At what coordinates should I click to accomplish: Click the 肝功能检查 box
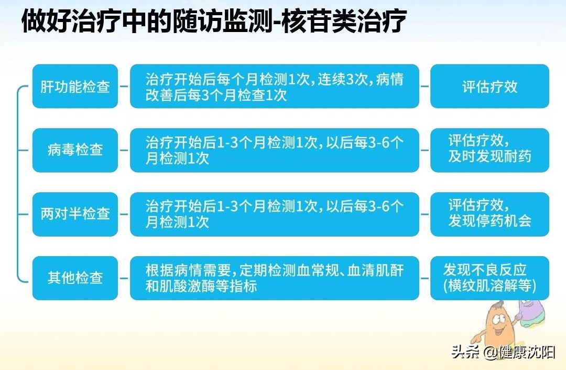[x=75, y=86]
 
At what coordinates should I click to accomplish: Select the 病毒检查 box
[x=75, y=150]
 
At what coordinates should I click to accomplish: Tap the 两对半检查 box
[x=75, y=214]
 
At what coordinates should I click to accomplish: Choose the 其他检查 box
[x=75, y=278]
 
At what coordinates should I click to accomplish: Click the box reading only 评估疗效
[x=489, y=86]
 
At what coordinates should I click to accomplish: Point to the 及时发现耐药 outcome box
[x=489, y=150]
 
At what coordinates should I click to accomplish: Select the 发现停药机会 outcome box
[x=489, y=214]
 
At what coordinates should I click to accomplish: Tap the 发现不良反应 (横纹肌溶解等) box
[x=489, y=278]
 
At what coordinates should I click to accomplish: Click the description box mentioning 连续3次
[x=274, y=86]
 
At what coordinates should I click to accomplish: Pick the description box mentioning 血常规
[x=274, y=278]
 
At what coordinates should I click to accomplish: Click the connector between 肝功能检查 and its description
[x=124, y=86]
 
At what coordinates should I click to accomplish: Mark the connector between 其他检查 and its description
[x=124, y=278]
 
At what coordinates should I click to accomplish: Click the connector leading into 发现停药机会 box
[x=424, y=214]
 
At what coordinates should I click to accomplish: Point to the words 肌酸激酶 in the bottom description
[x=194, y=287]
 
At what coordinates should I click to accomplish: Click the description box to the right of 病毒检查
[x=274, y=150]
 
